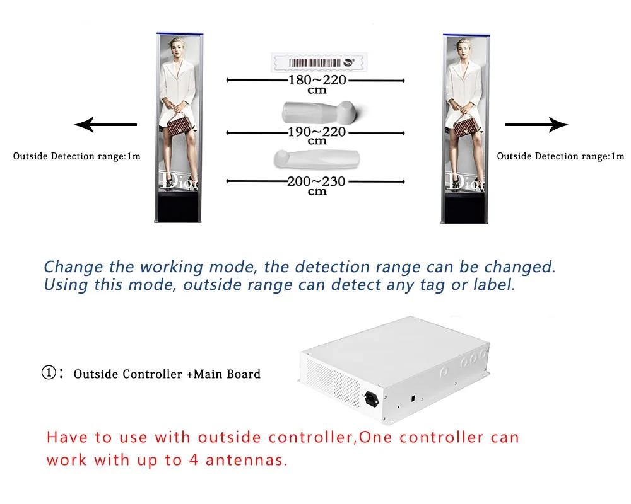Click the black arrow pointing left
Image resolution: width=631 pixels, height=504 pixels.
(105, 125)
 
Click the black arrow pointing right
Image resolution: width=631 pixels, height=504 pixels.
(537, 125)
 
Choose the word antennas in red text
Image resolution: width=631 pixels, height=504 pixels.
(245, 460)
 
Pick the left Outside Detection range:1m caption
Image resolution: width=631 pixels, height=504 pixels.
(76, 156)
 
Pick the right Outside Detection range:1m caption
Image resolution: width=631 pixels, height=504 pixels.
(560, 156)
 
